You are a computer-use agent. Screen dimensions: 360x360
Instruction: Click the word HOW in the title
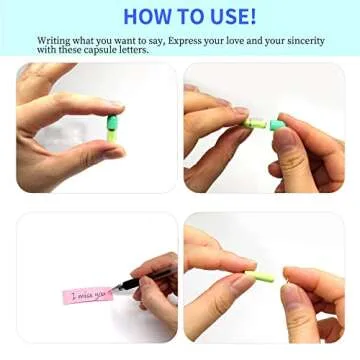tap(146, 16)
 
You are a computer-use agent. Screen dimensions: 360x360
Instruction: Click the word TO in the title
tap(187, 16)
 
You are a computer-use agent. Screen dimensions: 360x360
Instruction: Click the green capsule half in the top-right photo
tap(277, 124)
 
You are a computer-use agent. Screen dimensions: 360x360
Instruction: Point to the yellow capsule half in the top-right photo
tap(256, 123)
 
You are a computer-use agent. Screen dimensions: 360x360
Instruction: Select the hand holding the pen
tap(154, 290)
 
